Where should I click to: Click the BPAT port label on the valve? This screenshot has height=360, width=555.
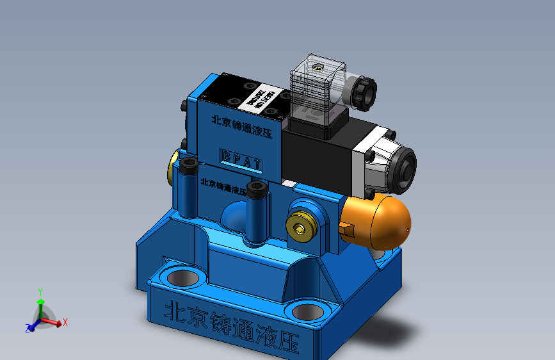coord(241,158)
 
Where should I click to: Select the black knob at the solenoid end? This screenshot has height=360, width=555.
coord(405,166)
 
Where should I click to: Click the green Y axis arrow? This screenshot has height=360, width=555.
coord(40,297)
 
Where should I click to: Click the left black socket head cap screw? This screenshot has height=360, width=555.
coord(188,165)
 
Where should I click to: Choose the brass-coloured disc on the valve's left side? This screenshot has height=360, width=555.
coord(173,168)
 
